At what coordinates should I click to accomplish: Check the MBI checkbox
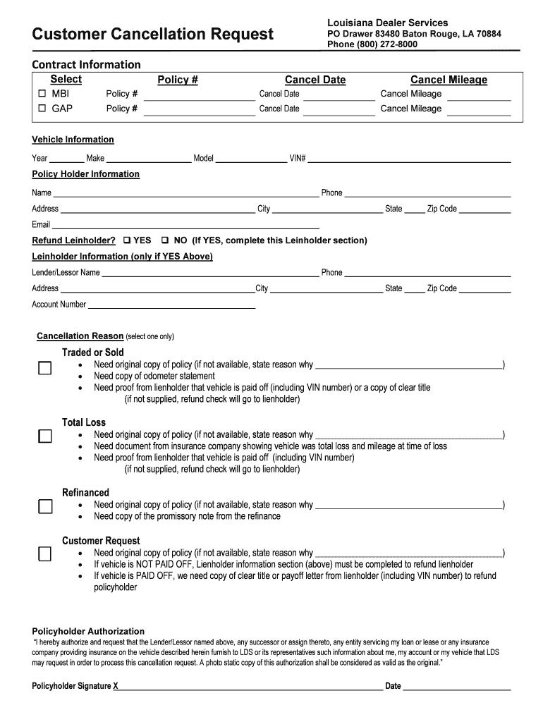pos(42,94)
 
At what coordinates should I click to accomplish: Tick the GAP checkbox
pos(42,109)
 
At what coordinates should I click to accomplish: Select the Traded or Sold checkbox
pos(45,368)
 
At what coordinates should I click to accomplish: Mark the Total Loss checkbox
pos(45,436)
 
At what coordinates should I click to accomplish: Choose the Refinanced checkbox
pos(45,506)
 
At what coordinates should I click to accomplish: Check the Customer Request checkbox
pos(45,553)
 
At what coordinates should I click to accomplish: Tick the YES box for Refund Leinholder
pos(127,240)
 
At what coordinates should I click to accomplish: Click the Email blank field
pos(186,226)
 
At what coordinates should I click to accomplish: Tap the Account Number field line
pos(171,306)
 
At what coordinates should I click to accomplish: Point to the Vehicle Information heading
pos(73,140)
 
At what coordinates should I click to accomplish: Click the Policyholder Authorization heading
pos(88,631)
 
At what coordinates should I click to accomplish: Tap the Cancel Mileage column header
pos(449,80)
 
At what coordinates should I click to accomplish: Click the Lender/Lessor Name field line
pos(210,274)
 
